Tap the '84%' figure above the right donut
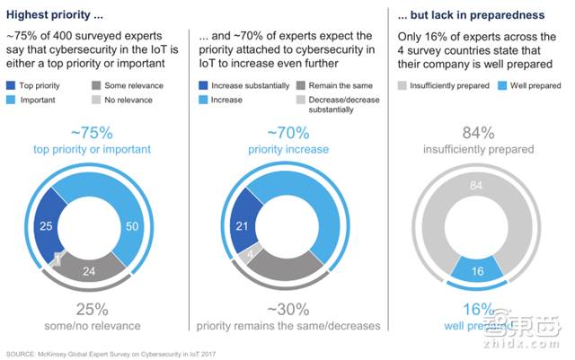[x=481, y=134]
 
